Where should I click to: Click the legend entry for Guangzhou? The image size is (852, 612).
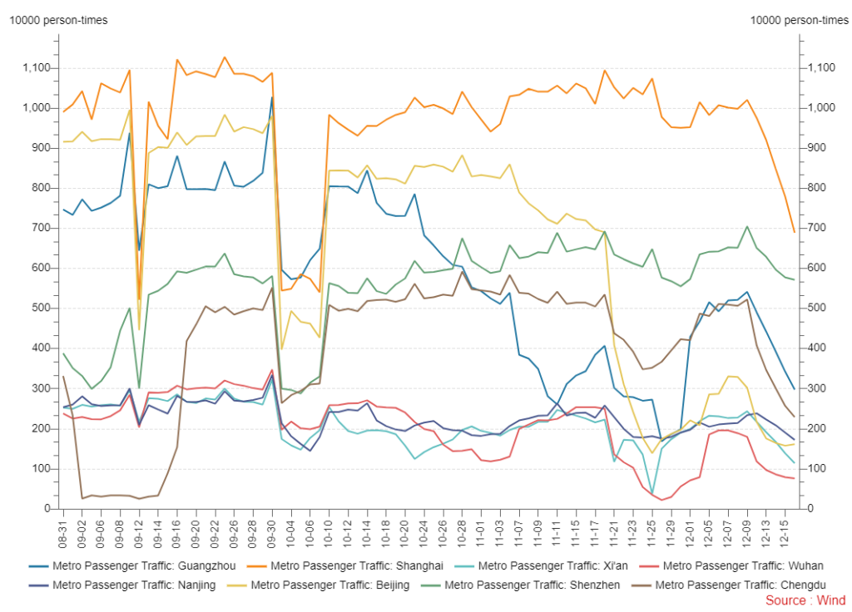(x=123, y=565)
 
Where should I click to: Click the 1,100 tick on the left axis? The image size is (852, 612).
(x=37, y=68)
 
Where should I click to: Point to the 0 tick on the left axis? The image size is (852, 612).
(x=47, y=509)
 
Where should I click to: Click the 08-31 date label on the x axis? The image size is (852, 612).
(x=63, y=529)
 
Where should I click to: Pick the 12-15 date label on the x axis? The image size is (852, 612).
(x=785, y=529)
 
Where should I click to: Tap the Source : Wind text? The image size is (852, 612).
(x=805, y=600)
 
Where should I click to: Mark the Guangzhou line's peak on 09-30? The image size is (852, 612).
(x=271, y=97)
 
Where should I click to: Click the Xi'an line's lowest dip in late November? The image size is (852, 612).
(x=653, y=493)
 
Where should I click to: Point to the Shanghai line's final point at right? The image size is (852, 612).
(x=795, y=232)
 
